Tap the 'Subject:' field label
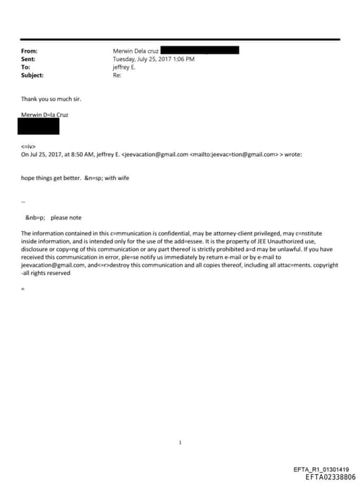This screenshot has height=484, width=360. (x=32, y=75)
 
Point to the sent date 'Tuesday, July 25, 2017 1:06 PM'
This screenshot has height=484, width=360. (x=154, y=59)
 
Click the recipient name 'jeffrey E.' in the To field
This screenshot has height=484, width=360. (x=126, y=67)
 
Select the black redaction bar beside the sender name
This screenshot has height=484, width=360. (x=200, y=51)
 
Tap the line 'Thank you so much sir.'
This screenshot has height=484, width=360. (x=51, y=99)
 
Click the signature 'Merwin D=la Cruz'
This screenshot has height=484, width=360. (x=45, y=114)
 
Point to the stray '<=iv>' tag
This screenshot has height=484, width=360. (x=28, y=146)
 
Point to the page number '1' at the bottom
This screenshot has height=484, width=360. (x=180, y=423)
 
